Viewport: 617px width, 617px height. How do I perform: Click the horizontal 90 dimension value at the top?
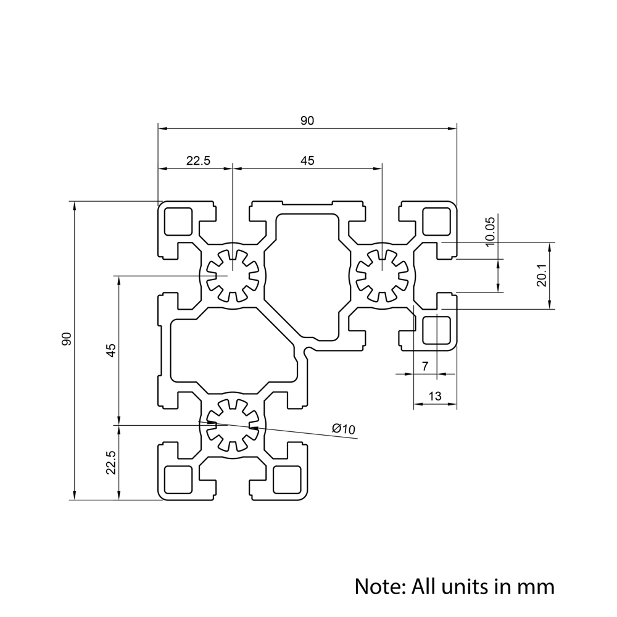tap(307, 121)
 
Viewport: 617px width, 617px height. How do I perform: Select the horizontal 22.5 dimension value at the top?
tap(199, 161)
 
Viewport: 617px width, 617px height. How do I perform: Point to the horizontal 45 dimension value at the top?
tap(307, 161)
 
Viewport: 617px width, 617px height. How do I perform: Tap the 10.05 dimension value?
tap(489, 232)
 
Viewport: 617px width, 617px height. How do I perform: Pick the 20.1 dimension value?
tap(541, 275)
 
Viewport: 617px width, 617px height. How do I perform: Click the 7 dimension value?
tap(424, 366)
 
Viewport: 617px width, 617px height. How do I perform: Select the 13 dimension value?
tap(434, 397)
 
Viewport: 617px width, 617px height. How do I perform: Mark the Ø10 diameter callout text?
tap(344, 429)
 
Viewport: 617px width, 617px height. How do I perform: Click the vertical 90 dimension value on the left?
tap(67, 338)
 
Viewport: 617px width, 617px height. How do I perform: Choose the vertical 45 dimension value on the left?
tap(111, 350)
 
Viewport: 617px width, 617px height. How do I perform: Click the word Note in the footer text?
tap(377, 586)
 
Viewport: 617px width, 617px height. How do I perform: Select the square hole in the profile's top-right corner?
tap(436, 222)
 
